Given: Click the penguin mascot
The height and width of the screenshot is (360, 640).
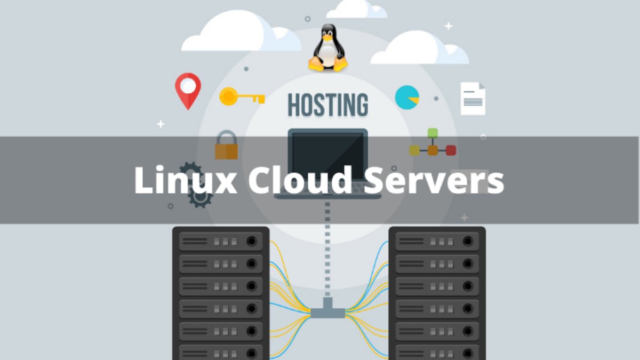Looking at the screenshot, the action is (327, 49).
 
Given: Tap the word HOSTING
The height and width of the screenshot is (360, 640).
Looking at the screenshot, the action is (327, 105).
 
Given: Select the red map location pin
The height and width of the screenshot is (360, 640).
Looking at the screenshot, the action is (188, 89).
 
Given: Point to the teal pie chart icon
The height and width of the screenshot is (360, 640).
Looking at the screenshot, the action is (406, 98).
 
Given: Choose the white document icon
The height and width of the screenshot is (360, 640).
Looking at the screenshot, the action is (473, 99).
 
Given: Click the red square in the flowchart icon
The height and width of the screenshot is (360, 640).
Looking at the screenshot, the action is (451, 150).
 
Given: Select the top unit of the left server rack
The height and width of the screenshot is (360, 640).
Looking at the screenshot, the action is (221, 242).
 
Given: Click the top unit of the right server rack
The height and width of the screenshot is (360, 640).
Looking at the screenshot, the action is (437, 242).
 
